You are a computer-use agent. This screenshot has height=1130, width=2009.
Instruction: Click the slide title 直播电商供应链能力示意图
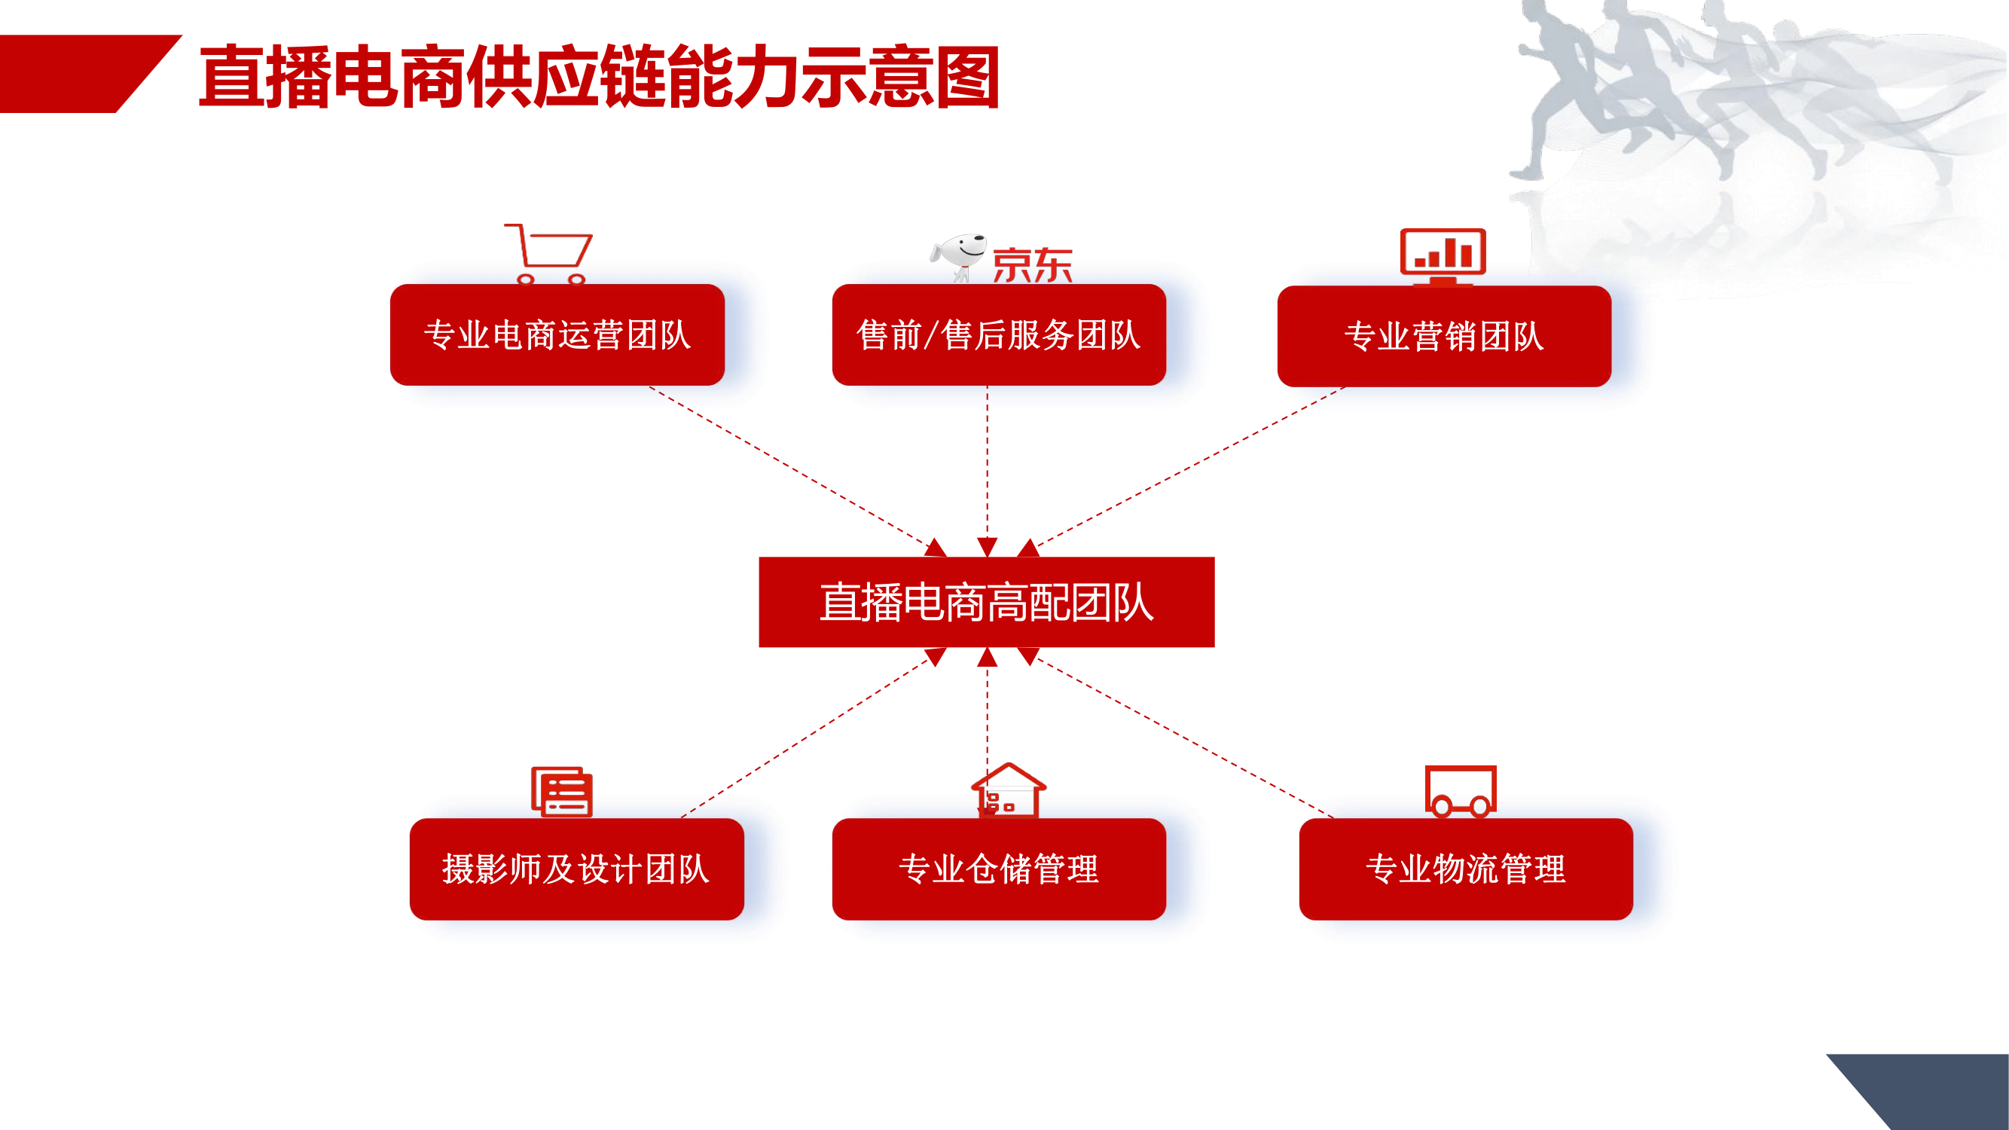(599, 76)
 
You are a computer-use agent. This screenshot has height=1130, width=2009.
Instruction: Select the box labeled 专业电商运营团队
(557, 334)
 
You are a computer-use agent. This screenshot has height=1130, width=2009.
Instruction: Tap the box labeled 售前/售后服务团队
(999, 334)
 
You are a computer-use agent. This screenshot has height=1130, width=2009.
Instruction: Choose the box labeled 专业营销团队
(1444, 336)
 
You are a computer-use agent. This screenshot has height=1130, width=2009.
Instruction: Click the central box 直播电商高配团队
(987, 602)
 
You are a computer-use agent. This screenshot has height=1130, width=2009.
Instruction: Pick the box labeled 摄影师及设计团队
(576, 869)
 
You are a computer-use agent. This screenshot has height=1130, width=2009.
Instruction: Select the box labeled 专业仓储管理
(999, 869)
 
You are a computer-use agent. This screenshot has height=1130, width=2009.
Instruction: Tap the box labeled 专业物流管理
(1466, 869)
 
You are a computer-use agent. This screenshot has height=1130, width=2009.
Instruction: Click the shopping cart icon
(548, 254)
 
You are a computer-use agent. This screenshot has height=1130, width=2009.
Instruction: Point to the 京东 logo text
(1032, 266)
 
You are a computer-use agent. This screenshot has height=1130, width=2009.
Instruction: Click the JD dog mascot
(958, 257)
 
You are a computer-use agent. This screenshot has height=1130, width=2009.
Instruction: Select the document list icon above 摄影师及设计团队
(561, 792)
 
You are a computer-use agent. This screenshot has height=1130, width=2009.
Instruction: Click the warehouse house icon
(1009, 790)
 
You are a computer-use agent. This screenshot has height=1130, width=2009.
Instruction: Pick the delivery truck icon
(1461, 791)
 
